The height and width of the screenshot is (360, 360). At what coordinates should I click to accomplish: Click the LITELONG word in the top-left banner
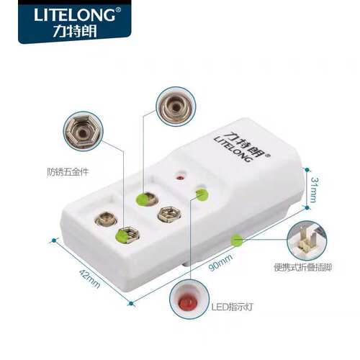pos(74,15)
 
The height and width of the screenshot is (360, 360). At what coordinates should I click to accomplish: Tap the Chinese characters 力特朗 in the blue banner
pos(75,31)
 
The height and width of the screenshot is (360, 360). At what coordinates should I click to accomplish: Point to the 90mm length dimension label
pos(221,263)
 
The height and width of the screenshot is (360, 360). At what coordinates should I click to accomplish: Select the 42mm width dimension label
pos(89,279)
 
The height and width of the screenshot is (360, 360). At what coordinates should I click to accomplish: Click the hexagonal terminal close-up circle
pos(83,132)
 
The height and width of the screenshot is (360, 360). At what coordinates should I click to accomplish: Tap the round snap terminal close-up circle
pos(176,107)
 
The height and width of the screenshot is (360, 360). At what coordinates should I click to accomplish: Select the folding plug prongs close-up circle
pos(307,240)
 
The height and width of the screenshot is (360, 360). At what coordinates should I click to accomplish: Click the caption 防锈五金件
pos(68,172)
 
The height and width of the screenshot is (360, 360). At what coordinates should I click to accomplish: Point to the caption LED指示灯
pos(232,307)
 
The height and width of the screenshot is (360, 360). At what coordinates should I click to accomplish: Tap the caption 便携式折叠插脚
pos(303,267)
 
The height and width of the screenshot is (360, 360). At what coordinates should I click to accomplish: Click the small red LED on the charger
pos(180,178)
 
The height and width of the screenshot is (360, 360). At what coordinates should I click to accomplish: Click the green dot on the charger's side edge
pos(237,240)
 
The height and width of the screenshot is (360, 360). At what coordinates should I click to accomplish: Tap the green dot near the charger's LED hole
pos(202,194)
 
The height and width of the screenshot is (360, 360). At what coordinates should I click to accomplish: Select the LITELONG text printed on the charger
pos(233,150)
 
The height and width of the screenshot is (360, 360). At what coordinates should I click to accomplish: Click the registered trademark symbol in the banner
pos(118,10)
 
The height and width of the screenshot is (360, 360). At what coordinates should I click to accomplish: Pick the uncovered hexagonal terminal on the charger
pos(169,214)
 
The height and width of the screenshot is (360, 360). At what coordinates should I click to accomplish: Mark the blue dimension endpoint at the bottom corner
pos(131,303)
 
